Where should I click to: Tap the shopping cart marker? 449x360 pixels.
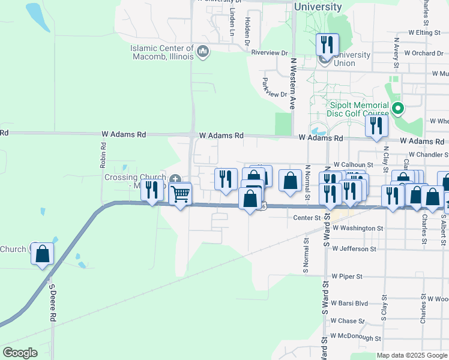[180, 194]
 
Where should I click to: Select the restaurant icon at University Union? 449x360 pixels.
[327, 44]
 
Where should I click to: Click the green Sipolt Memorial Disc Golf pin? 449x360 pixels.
[397, 109]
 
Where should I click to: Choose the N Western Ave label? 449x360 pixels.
[294, 83]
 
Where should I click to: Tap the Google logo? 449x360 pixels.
[20, 353]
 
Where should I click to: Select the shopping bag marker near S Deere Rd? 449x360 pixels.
[43, 254]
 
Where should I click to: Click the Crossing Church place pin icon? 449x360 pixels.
[175, 179]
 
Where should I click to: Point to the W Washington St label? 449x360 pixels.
[357, 229]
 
